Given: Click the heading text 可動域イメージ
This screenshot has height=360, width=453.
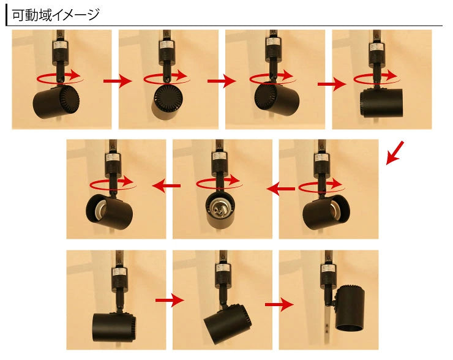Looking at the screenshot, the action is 56,15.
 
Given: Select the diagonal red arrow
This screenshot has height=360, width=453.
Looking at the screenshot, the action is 395,153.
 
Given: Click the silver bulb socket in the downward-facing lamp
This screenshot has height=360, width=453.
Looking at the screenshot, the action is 218,209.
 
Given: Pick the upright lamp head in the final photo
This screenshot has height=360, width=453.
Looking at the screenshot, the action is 350,307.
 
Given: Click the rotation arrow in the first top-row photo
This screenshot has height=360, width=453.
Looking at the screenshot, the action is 60,77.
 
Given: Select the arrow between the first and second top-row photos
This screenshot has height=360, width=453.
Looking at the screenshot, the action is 118,81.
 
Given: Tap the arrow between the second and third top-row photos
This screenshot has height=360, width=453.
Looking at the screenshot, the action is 222,81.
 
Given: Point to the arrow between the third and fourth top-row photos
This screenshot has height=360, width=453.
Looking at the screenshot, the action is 332,84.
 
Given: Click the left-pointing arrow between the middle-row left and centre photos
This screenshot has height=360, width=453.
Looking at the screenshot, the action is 167,186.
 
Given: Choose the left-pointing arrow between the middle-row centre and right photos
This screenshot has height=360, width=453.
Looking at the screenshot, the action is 281,189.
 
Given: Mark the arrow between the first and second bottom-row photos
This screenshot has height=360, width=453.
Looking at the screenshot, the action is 170,300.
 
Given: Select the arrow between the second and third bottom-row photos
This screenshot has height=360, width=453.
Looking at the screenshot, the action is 279,304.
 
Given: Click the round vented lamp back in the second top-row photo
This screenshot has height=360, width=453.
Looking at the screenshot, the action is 168,98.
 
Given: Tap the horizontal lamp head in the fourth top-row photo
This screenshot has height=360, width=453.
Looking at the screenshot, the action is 381,103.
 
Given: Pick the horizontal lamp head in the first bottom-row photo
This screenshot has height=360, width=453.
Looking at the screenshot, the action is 114,328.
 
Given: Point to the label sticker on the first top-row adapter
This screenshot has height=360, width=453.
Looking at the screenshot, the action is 61,46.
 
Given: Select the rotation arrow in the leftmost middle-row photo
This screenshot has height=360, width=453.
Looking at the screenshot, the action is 113,183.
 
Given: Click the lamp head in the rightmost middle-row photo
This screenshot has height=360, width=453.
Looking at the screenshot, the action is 326,212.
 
